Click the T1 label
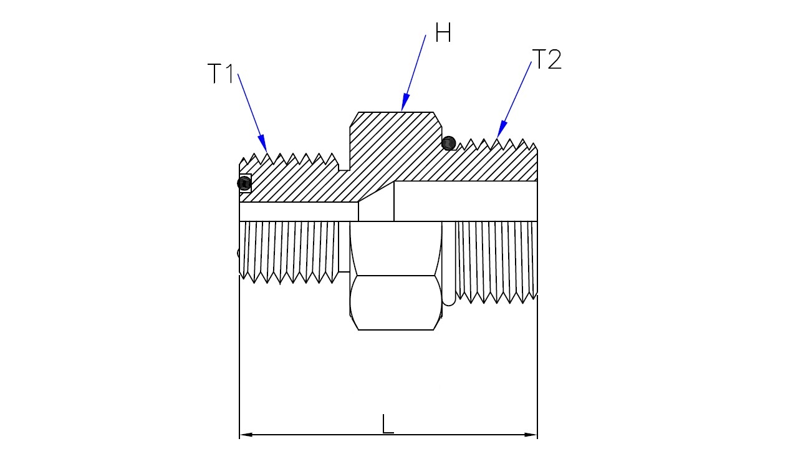coord(220,74)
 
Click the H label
coord(443,33)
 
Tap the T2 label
coord(547,60)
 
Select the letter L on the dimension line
coord(388,425)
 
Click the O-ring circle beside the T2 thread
coord(448,143)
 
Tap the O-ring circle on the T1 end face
coord(244,183)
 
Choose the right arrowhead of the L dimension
coord(531,435)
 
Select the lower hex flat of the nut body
coord(395,302)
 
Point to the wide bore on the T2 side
coord(465,201)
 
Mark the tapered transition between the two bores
coord(376,208)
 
